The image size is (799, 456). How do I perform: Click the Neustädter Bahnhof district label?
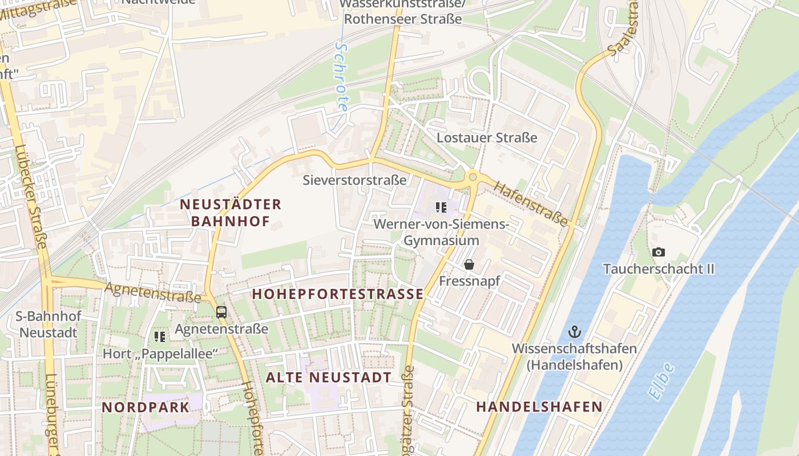click(230, 213)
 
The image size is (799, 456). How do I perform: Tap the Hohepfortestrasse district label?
click(338, 294)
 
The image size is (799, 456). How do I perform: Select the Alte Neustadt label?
click(329, 377)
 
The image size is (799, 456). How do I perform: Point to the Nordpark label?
click(146, 407)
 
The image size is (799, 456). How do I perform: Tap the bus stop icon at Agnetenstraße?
click(221, 312)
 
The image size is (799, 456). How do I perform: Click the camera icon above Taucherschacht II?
click(659, 252)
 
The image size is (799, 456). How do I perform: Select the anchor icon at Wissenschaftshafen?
click(574, 332)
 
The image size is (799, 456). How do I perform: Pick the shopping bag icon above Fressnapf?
click(469, 264)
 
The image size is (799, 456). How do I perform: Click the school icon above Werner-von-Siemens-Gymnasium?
click(441, 207)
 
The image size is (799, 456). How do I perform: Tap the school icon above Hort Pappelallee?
click(160, 337)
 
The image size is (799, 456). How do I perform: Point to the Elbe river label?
click(661, 380)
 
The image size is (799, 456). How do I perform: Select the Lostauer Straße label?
click(487, 137)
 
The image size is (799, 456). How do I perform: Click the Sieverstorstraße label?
click(354, 180)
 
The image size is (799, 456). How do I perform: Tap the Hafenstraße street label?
click(531, 203)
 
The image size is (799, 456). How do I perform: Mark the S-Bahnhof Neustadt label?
click(49, 324)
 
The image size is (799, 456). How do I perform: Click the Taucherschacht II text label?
click(659, 269)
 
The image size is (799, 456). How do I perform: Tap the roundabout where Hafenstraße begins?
click(473, 177)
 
